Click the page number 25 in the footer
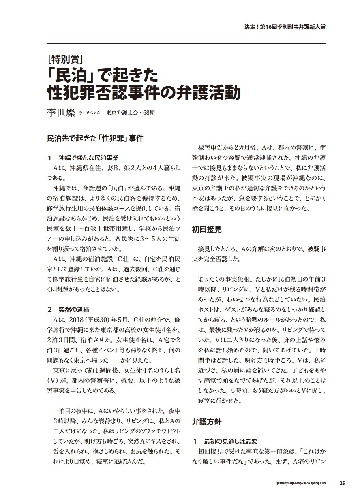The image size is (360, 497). pos(342,483)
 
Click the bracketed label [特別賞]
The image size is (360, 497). pos(65,60)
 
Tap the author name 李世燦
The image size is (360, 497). pos(61,112)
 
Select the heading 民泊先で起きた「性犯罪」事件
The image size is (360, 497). pos(95,138)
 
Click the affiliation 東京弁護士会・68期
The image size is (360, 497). pos(130,113)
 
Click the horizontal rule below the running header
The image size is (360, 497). pos(186,43)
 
